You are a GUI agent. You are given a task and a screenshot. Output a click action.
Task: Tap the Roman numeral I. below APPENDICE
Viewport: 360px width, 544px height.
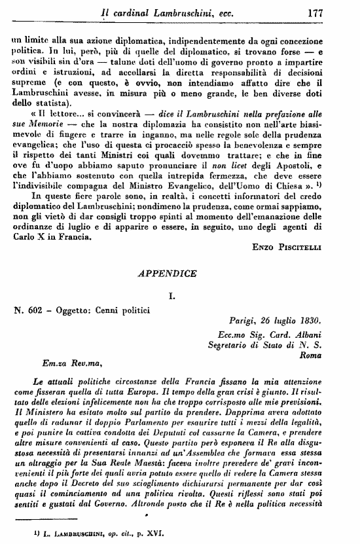click(179, 298)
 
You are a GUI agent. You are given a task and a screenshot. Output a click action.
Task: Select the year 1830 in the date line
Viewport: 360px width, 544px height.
click(306, 320)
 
